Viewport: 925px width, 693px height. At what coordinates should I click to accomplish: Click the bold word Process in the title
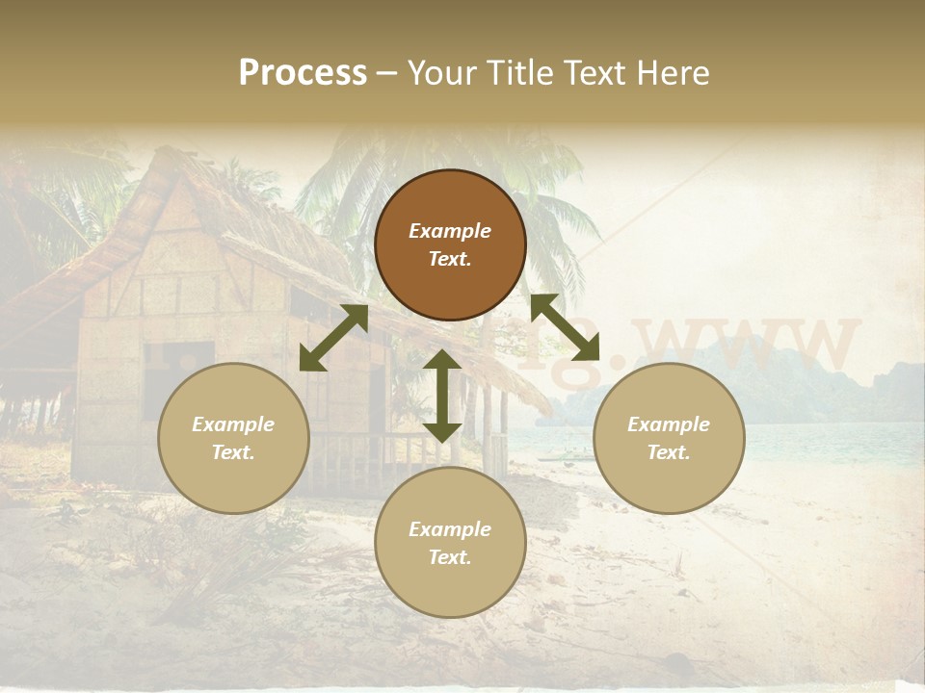click(x=303, y=73)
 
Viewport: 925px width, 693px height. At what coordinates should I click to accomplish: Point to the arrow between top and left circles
click(x=333, y=338)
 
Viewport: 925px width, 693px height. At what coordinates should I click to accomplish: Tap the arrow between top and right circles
click(x=566, y=327)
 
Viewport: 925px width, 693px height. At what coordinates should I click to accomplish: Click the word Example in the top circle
click(x=450, y=231)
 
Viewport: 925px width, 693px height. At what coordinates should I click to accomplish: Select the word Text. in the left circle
click(x=233, y=452)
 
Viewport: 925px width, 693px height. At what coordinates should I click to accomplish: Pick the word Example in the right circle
click(x=669, y=424)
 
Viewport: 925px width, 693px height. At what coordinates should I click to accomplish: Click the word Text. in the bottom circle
click(x=450, y=557)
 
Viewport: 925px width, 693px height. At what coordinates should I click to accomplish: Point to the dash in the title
click(x=386, y=74)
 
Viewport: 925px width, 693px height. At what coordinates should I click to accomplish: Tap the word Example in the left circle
click(x=233, y=424)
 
